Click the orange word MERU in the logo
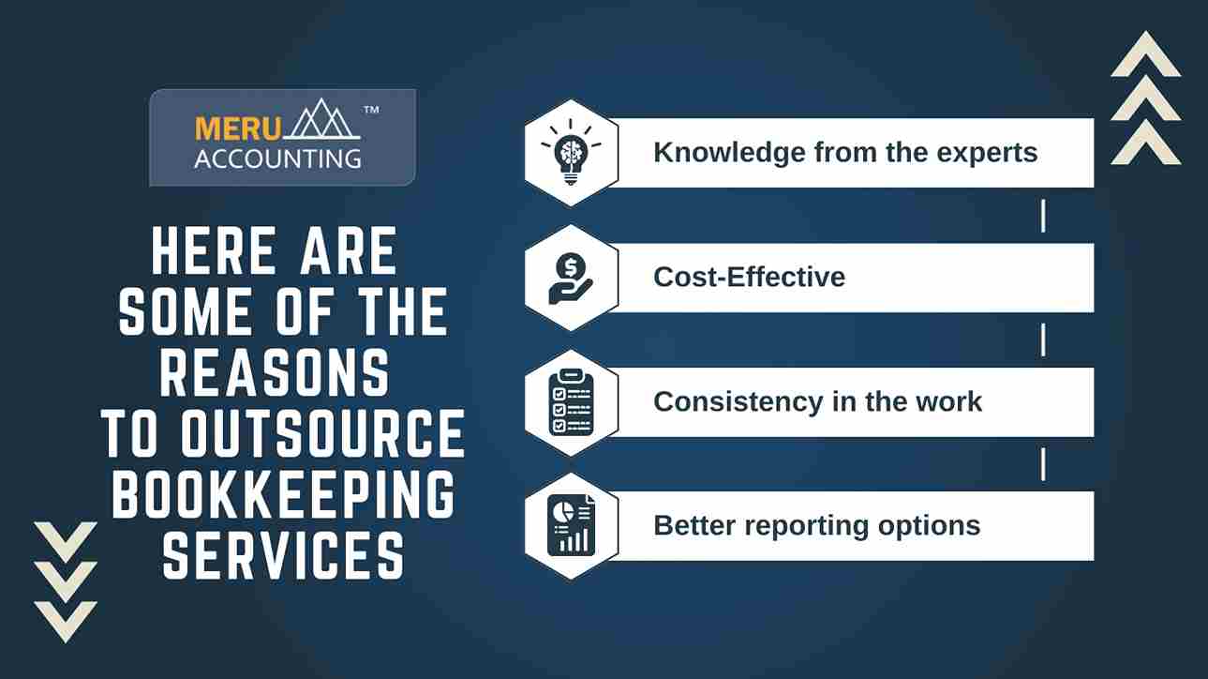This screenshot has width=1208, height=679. point(238,129)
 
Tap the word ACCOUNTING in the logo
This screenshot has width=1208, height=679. point(277,159)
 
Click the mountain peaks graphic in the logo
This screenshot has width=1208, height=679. point(322,119)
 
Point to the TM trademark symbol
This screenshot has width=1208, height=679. point(371,110)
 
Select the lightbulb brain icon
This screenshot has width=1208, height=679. point(571,153)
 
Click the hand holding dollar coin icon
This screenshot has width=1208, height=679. point(571,279)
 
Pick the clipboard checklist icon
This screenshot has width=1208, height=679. point(571,402)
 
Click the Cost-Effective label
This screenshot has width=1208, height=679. point(749,277)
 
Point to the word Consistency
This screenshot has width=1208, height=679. point(738,402)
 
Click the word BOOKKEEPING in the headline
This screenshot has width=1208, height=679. point(284,494)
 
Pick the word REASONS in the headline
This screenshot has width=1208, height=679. point(275,372)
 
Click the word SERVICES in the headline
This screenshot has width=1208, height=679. point(283,555)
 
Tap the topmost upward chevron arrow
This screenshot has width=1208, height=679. point(1146,54)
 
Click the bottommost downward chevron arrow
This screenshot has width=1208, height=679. point(66,622)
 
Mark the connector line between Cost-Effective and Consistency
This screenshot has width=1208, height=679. point(1043,340)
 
